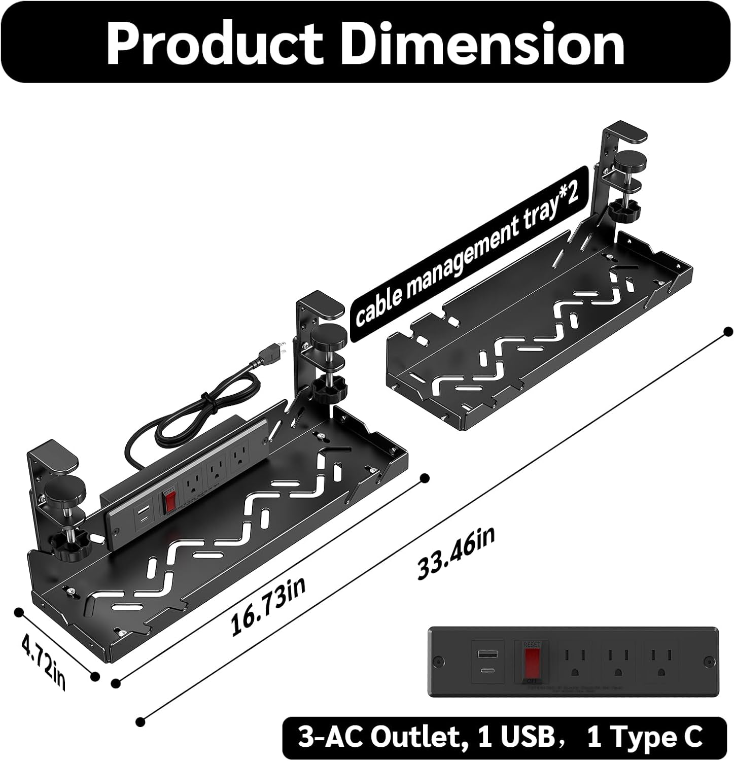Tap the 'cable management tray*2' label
(466, 259)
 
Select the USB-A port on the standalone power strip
(484, 654)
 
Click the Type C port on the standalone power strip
(484, 670)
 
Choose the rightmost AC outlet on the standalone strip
(661, 660)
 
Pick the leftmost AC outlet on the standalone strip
(575, 660)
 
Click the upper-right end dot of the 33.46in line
(728, 332)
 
